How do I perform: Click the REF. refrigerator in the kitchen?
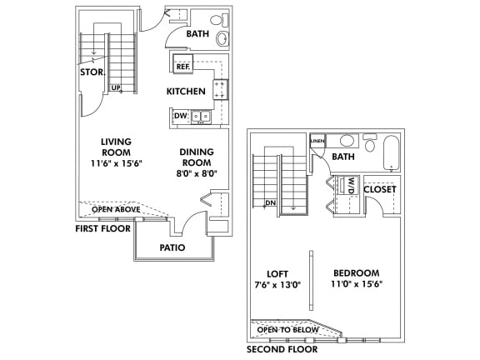pyautogui.click(x=183, y=63)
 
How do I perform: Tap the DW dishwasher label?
pyautogui.click(x=181, y=116)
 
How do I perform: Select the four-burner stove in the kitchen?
pyautogui.click(x=220, y=89)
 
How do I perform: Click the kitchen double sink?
pyautogui.click(x=201, y=117)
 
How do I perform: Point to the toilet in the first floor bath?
pyautogui.click(x=219, y=20)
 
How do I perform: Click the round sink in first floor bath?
pyautogui.click(x=222, y=39)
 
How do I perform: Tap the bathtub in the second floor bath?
pyautogui.click(x=392, y=152)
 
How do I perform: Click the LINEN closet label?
pyautogui.click(x=317, y=141)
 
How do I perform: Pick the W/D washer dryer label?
pyautogui.click(x=351, y=185)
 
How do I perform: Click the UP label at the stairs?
pyautogui.click(x=116, y=87)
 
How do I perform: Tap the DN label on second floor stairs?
pyautogui.click(x=271, y=202)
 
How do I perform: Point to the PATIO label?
pyautogui.click(x=172, y=247)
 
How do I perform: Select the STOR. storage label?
pyautogui.click(x=92, y=72)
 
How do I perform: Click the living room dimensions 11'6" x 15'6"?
pyautogui.click(x=117, y=163)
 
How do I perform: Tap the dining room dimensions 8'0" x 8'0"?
pyautogui.click(x=197, y=174)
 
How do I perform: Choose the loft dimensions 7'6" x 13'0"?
pyautogui.click(x=277, y=285)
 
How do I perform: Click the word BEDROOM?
pyautogui.click(x=357, y=272)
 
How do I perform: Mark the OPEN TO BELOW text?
pyautogui.click(x=288, y=330)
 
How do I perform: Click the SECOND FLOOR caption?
pyautogui.click(x=282, y=349)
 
